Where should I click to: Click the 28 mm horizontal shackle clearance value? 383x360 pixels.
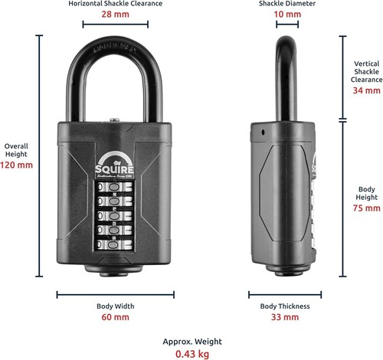tap(115, 14)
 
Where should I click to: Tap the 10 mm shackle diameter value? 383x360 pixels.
tap(287, 14)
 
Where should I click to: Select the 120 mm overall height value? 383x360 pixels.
tap(16, 165)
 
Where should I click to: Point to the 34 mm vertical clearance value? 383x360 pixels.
tap(366, 90)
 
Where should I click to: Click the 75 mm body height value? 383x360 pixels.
tap(366, 208)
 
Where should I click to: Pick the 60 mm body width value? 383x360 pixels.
tap(115, 317)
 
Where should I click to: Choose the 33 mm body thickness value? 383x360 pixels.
tap(285, 317)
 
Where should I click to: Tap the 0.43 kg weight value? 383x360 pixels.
tap(192, 354)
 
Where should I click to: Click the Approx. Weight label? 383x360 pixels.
tap(192, 342)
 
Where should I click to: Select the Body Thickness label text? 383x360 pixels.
tap(285, 306)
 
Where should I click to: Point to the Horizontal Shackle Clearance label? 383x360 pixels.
tap(115, 4)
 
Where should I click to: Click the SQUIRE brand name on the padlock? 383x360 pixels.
tap(114, 169)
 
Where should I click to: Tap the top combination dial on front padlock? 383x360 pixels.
tap(114, 187)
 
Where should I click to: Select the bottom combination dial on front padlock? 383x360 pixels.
tap(114, 245)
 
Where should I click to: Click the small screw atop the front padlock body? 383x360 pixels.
tap(115, 119)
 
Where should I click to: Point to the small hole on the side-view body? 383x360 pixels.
tap(263, 133)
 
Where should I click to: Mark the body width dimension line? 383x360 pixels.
tap(116, 295)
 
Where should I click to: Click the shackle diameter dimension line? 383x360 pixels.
tap(287, 25)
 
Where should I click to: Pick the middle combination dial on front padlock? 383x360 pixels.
tap(114, 216)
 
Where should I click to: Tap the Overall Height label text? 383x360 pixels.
tap(16, 150)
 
